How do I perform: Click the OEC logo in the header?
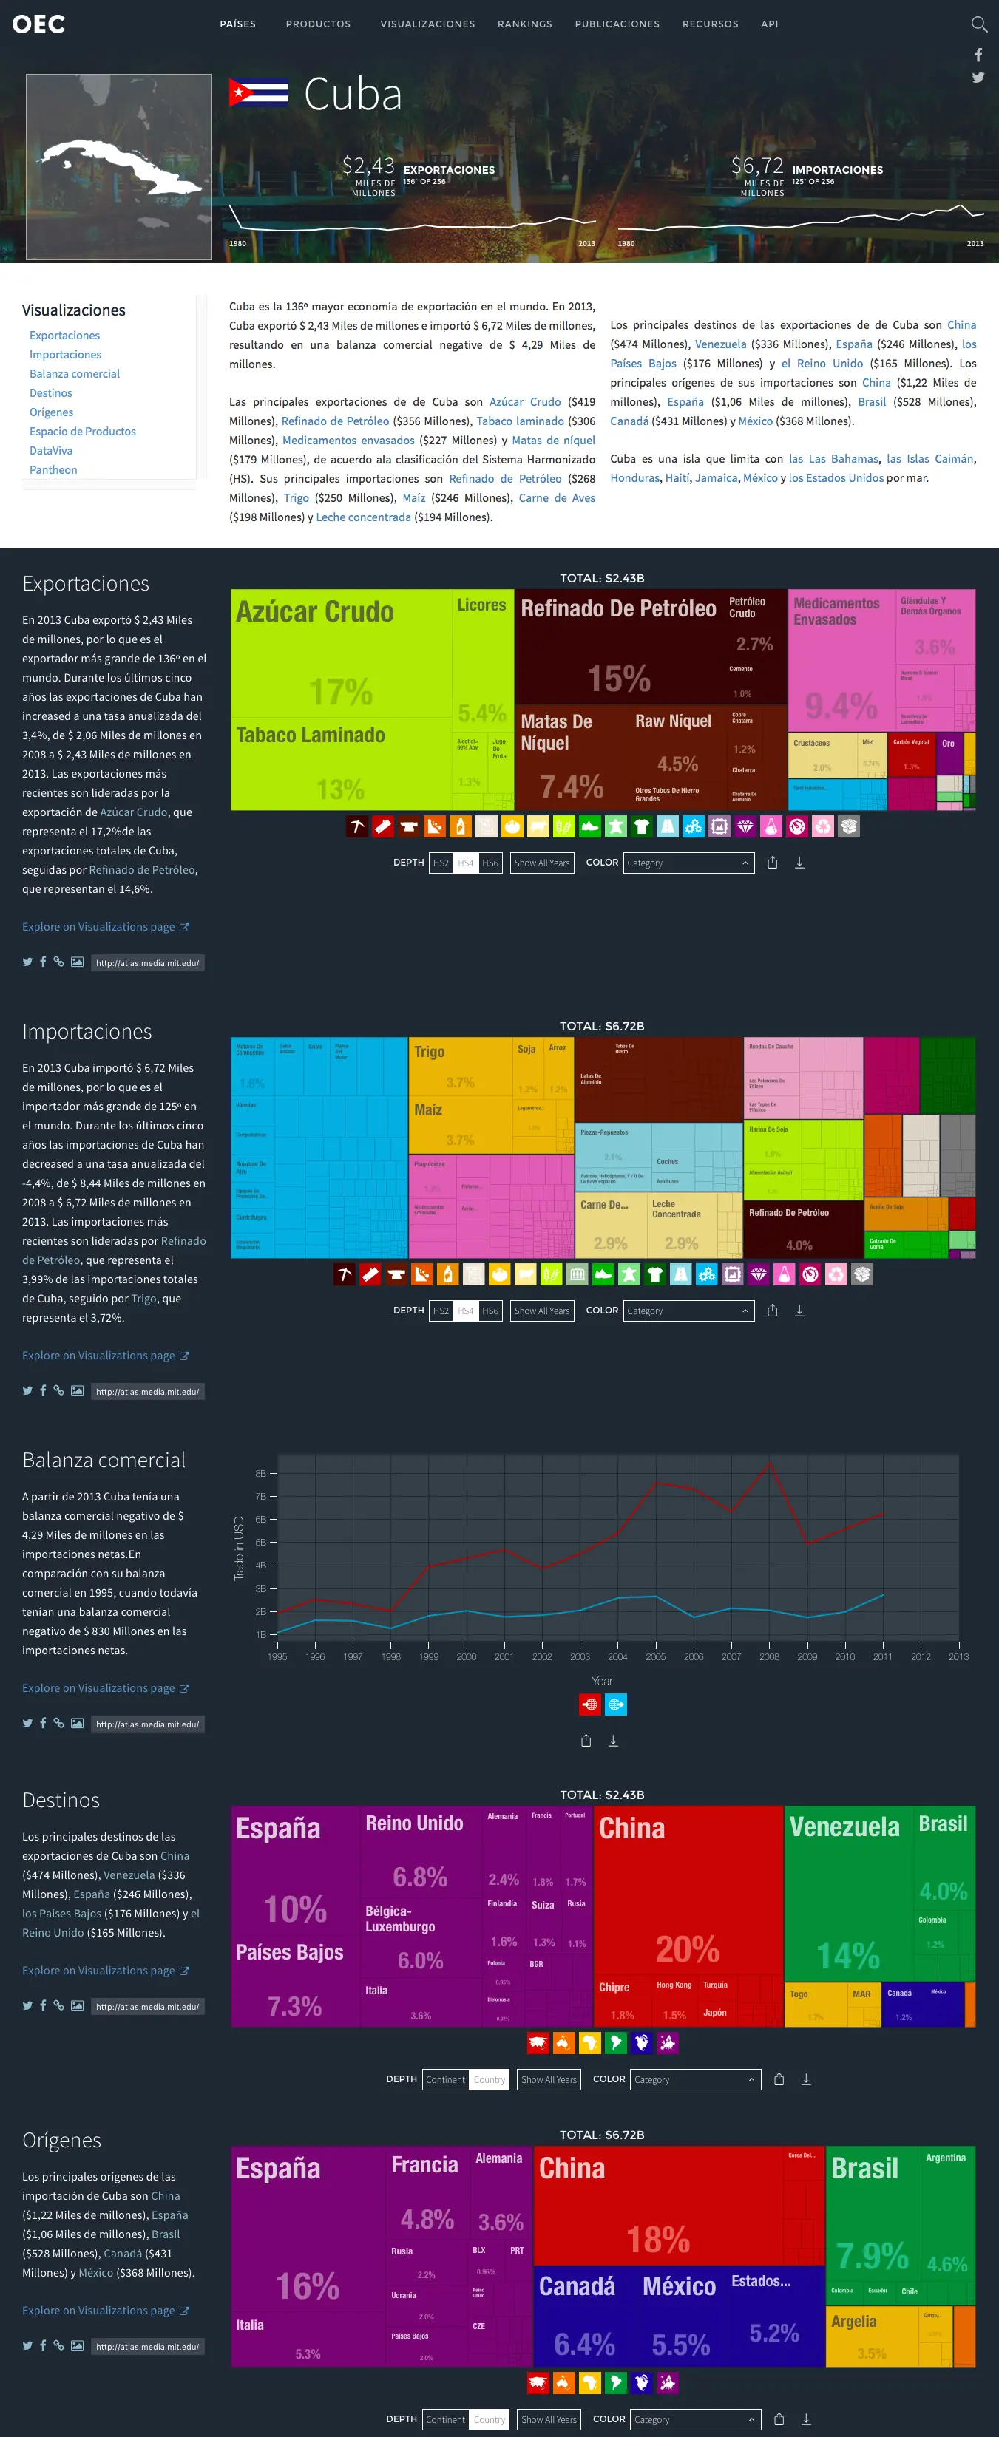(38, 24)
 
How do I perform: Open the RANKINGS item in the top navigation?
(524, 24)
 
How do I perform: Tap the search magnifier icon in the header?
(978, 24)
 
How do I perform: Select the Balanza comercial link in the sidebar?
(75, 374)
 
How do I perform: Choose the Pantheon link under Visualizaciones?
(53, 470)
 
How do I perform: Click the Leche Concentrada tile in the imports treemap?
(681, 1225)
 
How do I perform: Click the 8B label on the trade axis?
(261, 1474)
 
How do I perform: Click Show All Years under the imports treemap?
(542, 1311)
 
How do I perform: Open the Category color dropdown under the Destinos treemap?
(694, 2079)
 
